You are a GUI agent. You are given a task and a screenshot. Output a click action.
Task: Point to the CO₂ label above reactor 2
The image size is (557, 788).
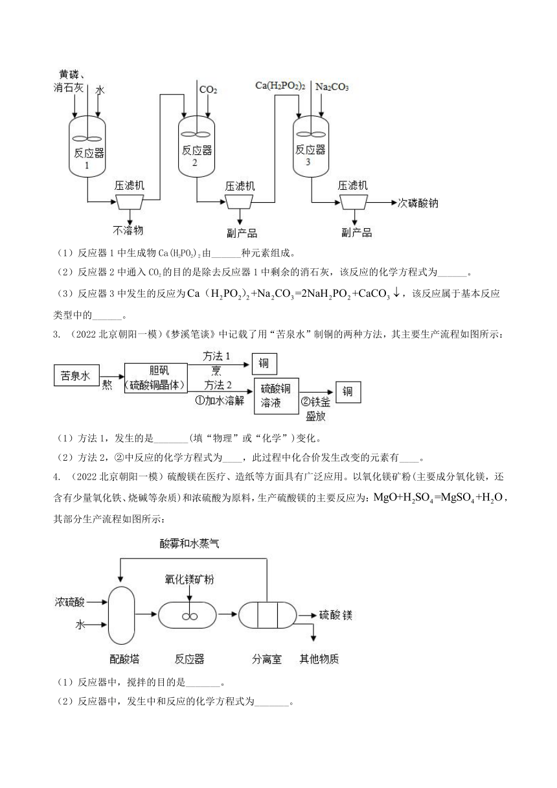pyautogui.click(x=208, y=90)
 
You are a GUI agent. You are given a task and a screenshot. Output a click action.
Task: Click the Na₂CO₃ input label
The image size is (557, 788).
pyautogui.click(x=332, y=87)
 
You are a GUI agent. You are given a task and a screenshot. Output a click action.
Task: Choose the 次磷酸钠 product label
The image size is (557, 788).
pyautogui.click(x=418, y=203)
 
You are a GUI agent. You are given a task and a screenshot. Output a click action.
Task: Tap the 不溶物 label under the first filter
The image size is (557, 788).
pyautogui.click(x=128, y=231)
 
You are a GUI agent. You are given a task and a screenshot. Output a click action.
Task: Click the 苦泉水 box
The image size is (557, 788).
pyautogui.click(x=76, y=375)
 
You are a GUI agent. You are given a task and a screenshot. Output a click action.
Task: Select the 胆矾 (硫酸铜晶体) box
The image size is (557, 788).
pyautogui.click(x=156, y=378)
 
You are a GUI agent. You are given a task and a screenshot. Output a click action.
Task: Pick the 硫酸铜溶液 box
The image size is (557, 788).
pyautogui.click(x=276, y=396)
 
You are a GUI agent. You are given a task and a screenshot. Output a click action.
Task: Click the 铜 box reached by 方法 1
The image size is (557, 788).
pyautogui.click(x=264, y=364)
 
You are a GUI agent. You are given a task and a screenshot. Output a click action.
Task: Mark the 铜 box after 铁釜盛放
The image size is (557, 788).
pyautogui.click(x=348, y=392)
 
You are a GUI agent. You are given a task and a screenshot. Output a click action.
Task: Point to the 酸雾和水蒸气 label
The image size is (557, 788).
pyautogui.click(x=189, y=544)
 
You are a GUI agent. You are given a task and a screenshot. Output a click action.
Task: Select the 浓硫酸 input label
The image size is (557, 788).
pyautogui.click(x=70, y=602)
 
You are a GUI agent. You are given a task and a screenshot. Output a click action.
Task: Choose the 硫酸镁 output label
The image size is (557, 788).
pyautogui.click(x=335, y=615)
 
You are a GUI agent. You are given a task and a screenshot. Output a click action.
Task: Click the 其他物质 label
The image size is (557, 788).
pyautogui.click(x=319, y=659)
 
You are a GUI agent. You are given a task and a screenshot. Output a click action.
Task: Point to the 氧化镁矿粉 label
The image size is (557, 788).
pyautogui.click(x=189, y=579)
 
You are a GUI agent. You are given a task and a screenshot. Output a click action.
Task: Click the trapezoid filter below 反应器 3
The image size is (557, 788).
pyautogui.click(x=354, y=202)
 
